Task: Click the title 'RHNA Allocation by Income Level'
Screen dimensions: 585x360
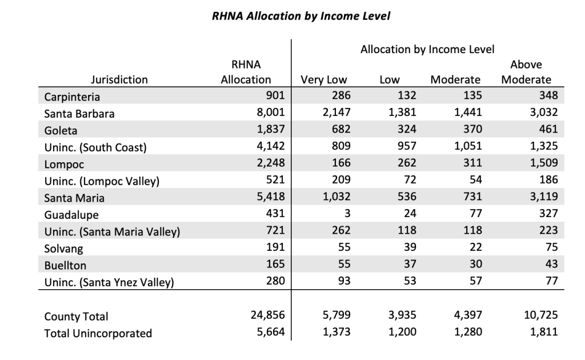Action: (x=300, y=16)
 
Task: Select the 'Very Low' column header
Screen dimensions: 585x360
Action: (x=324, y=80)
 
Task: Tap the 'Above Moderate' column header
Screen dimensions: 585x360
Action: (x=526, y=72)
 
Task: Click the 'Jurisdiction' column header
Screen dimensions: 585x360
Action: (x=119, y=79)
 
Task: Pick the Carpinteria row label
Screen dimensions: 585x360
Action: (x=72, y=97)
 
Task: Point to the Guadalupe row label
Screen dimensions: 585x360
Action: (x=71, y=215)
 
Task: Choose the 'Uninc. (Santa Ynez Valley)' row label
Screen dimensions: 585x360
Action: (x=109, y=282)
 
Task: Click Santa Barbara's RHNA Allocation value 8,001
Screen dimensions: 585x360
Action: (x=270, y=113)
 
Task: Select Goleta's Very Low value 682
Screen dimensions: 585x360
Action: (x=341, y=129)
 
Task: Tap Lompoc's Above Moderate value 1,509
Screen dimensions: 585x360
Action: (x=544, y=163)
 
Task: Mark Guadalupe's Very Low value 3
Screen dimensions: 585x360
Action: (x=347, y=213)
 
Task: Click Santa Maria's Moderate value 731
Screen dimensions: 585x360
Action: (x=472, y=197)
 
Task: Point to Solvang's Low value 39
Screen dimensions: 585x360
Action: (x=410, y=247)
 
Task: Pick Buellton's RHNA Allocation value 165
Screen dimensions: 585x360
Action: (x=275, y=264)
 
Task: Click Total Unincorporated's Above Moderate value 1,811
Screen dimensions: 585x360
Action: (x=544, y=332)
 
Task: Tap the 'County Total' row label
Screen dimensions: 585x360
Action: (x=76, y=317)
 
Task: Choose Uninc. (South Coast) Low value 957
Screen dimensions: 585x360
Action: (x=407, y=146)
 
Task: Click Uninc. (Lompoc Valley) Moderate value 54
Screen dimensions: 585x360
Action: (x=475, y=180)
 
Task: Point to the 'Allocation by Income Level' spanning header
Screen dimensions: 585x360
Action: (x=427, y=49)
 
